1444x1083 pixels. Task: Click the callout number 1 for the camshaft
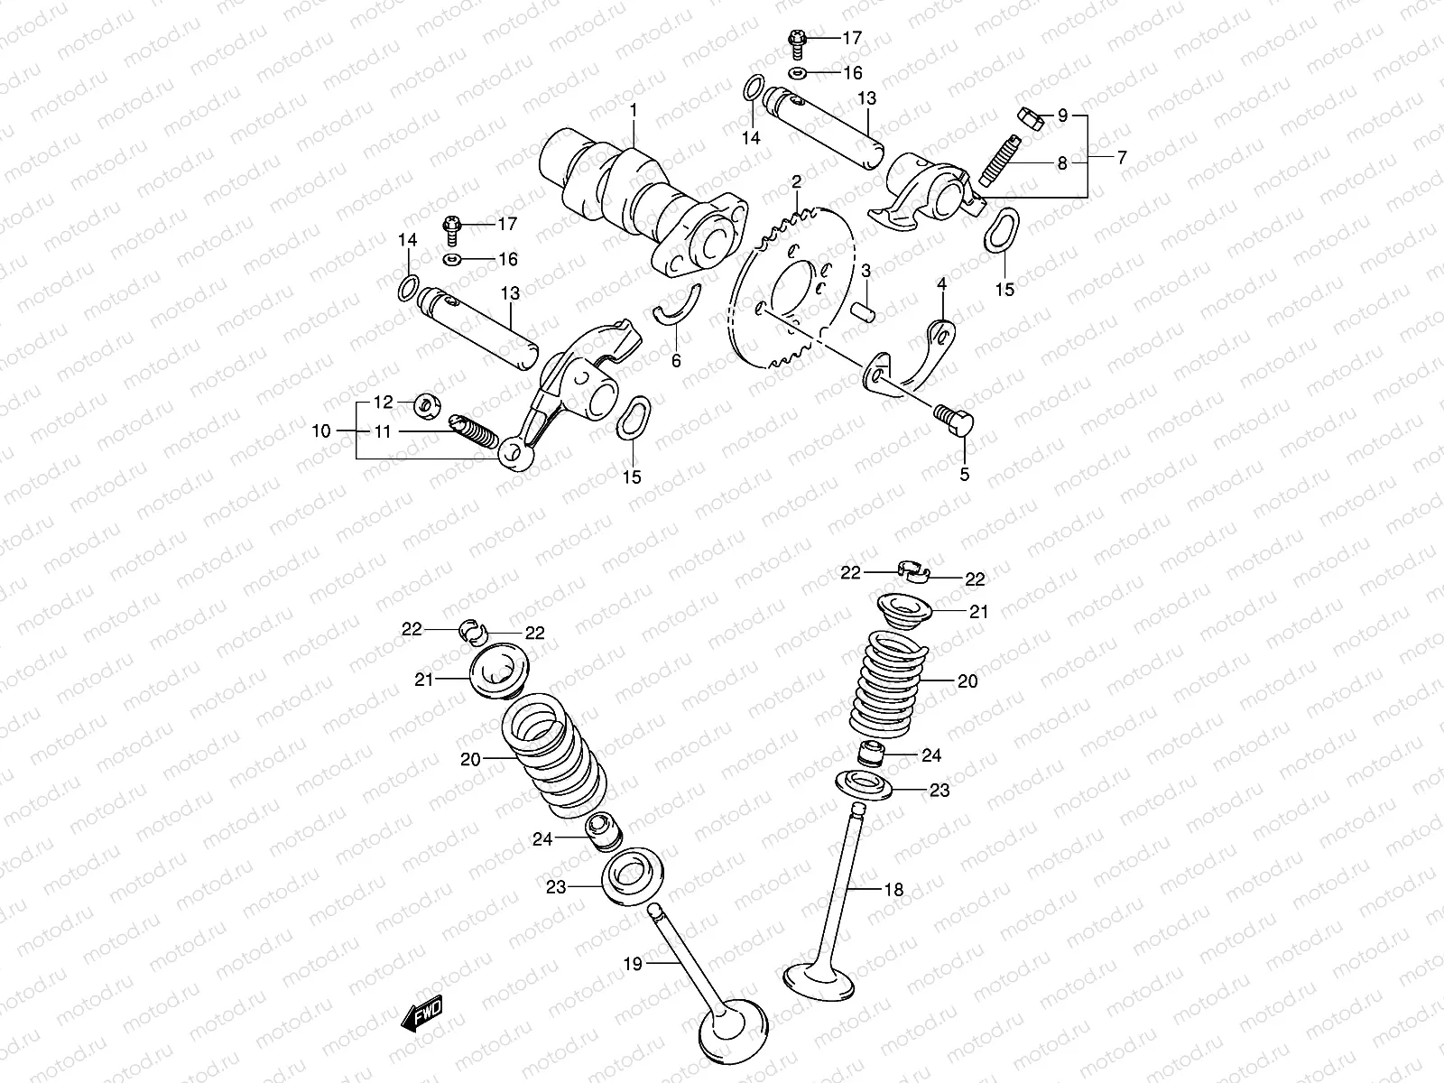633,109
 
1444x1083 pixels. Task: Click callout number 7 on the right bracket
1122,157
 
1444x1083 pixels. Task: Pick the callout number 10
322,431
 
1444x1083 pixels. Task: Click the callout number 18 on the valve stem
893,889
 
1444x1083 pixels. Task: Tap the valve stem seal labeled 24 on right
870,754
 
